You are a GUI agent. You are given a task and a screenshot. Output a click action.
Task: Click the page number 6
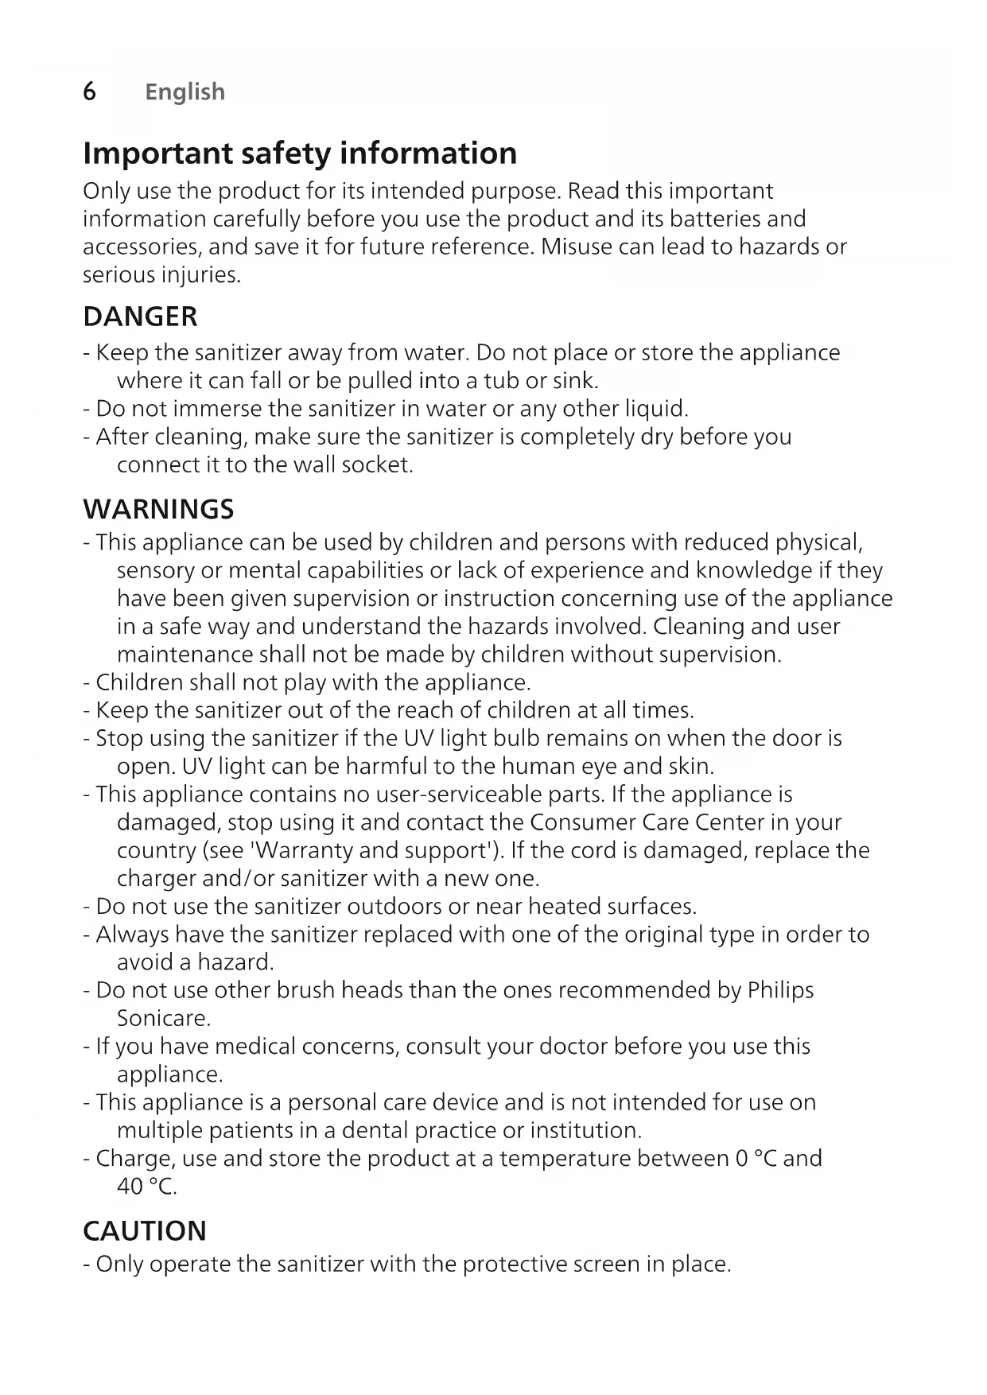(x=90, y=91)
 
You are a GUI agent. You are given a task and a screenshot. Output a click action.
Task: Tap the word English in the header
(x=185, y=92)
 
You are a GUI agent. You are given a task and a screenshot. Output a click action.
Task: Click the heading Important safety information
(x=300, y=153)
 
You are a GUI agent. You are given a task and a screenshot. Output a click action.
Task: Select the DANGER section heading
(x=140, y=317)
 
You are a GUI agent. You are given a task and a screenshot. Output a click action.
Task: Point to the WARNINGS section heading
(x=158, y=509)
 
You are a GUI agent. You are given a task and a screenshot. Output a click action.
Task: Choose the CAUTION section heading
(x=144, y=1230)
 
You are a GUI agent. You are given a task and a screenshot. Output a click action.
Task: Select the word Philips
(x=780, y=990)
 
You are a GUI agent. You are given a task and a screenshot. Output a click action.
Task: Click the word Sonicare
(x=164, y=1018)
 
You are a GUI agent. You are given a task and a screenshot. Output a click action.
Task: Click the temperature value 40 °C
(x=146, y=1186)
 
